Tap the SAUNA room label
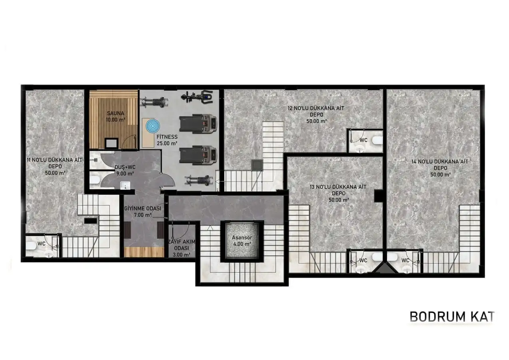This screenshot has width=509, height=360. click(x=114, y=113)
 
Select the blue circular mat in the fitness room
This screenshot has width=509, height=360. click(x=152, y=126)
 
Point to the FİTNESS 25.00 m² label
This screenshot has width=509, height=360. click(x=167, y=140)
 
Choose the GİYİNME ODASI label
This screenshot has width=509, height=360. click(x=137, y=209)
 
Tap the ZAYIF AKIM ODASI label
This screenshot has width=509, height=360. click(x=181, y=248)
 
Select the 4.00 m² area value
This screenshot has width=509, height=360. click(x=242, y=244)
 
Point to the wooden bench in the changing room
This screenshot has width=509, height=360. click(x=144, y=252)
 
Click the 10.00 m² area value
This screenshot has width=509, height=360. click(x=114, y=120)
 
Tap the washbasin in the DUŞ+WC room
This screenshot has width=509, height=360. click(x=124, y=185)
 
